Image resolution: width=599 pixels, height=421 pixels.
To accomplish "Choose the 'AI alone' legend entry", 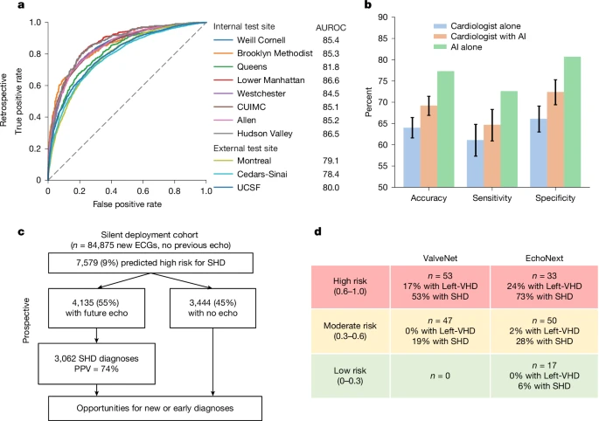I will coord(430,47).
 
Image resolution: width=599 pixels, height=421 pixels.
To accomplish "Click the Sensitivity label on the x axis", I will coord(494,198).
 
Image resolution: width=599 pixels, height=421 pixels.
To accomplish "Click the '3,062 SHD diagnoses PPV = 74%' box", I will coord(82,361).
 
